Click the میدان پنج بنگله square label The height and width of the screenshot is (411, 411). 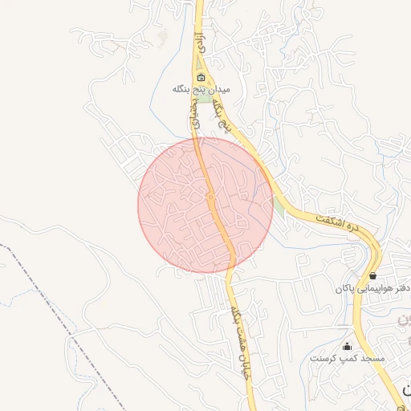[201, 90]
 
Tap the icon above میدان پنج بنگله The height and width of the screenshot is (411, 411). [201, 78]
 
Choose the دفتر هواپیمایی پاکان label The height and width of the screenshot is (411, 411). [371, 287]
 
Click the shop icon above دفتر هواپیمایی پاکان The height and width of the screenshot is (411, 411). [372, 275]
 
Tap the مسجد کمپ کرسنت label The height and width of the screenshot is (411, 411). [348, 357]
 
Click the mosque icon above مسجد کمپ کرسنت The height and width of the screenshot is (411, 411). [348, 346]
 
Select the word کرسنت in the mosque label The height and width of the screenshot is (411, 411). [324, 357]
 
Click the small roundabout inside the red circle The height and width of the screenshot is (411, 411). [210, 196]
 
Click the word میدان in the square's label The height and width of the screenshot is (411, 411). [218, 90]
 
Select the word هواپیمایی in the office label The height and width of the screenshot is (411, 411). [376, 287]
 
